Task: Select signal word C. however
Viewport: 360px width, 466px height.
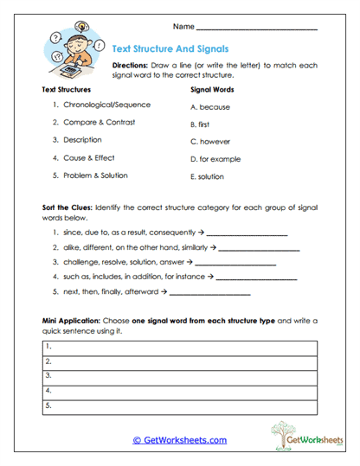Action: point(211,141)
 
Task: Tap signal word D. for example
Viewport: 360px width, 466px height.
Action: point(217,159)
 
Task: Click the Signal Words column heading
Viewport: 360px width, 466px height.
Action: point(212,88)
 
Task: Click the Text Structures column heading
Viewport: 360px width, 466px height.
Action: point(66,88)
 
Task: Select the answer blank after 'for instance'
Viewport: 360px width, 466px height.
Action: point(256,278)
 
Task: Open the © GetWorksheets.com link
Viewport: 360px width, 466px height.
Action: point(179,440)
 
